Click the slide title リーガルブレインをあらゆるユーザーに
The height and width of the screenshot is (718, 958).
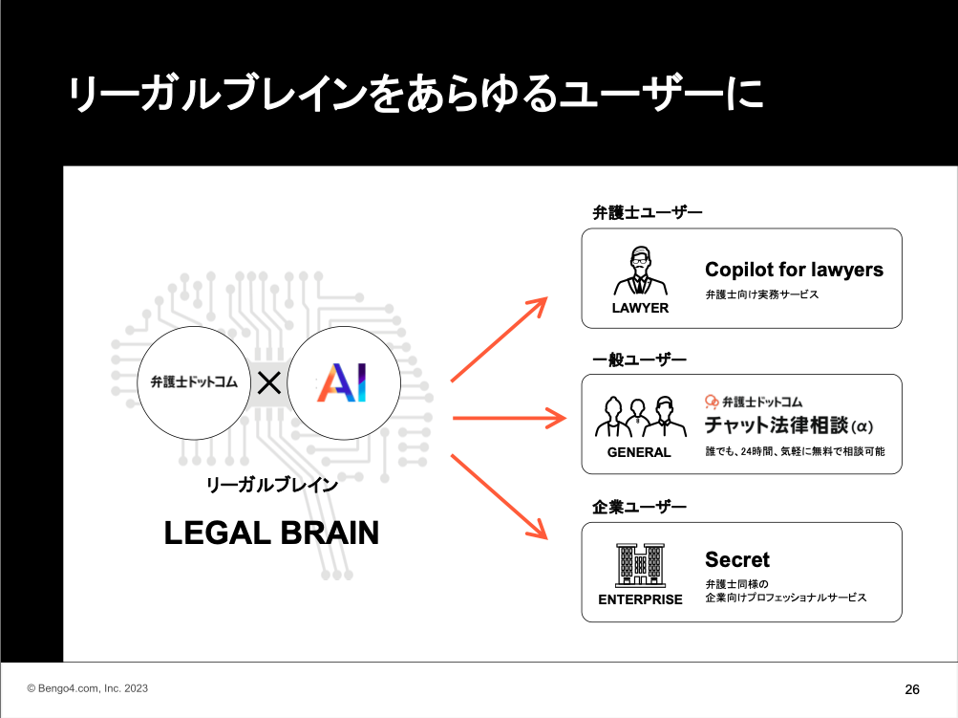click(415, 96)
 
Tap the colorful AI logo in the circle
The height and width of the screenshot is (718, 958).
click(342, 382)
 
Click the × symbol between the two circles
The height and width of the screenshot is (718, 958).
click(269, 383)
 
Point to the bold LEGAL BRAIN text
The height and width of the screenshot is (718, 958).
click(271, 533)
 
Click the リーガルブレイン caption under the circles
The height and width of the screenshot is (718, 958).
click(272, 485)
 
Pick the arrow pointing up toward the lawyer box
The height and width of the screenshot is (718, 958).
click(498, 339)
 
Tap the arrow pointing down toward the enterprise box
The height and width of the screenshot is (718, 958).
click(498, 496)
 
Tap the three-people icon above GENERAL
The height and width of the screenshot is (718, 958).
click(639, 418)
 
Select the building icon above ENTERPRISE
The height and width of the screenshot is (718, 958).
click(640, 565)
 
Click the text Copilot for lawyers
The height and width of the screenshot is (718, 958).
click(794, 270)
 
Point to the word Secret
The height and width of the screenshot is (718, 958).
click(737, 560)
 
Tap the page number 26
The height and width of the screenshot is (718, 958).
click(911, 689)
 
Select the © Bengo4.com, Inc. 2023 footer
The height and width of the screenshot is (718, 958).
click(88, 688)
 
